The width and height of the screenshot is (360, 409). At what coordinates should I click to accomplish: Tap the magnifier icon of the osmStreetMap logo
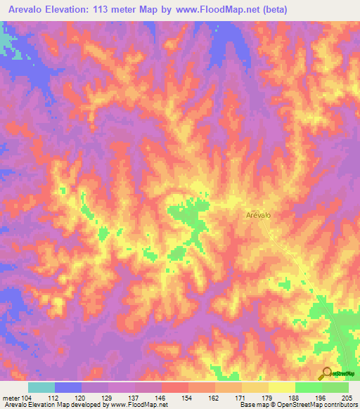[x=326, y=373]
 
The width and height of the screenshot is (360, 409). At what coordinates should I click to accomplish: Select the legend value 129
[x=108, y=398]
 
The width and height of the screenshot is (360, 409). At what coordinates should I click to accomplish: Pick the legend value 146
[x=161, y=398]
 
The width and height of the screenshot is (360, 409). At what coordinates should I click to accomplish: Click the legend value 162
[x=214, y=398]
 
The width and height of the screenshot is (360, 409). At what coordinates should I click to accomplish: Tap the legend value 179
[x=268, y=398]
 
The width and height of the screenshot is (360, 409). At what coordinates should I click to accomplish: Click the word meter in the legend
[x=10, y=398]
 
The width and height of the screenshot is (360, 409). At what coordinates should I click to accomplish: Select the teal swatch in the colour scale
[x=41, y=387]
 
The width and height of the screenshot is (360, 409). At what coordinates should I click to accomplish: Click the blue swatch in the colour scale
[x=68, y=387]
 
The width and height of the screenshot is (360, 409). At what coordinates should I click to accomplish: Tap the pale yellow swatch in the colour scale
[x=281, y=387]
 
